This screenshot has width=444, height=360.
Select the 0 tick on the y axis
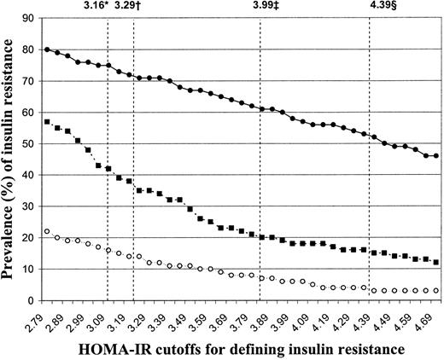click(33, 300)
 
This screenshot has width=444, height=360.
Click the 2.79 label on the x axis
click(44, 322)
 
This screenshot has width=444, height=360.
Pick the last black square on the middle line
click(436, 263)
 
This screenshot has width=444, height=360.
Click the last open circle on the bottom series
click(436, 291)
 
